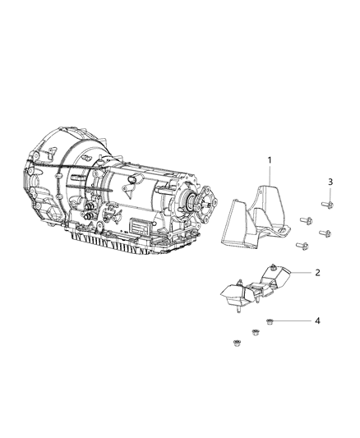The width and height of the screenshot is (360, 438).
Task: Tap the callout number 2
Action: [x=317, y=271]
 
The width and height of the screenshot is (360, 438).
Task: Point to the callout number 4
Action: [x=317, y=320]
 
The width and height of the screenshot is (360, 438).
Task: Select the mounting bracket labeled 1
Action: [x=247, y=214]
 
